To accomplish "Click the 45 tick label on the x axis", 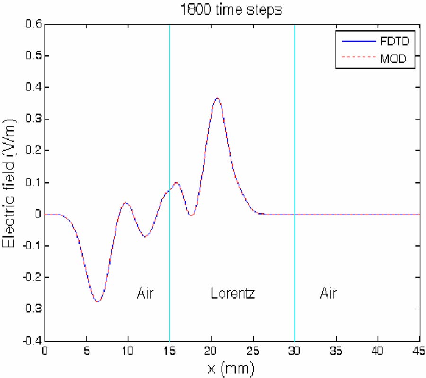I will coord(419,352).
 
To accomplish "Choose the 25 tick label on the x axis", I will coord(253,352).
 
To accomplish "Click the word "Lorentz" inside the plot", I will coord(233,293).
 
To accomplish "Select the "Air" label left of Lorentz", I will coord(146,293).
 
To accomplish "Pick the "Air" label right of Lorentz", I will coord(328,293).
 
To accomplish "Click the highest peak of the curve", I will coord(217,98).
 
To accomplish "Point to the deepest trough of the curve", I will coord(98,301).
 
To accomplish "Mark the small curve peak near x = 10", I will coord(126,203).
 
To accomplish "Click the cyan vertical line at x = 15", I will coord(169,142).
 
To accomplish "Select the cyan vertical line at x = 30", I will coord(294,142).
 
